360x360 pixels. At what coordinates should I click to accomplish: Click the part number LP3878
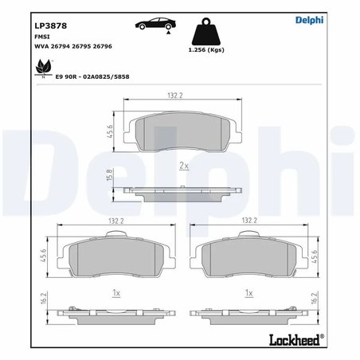50,25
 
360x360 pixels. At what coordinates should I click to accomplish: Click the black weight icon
210,35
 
